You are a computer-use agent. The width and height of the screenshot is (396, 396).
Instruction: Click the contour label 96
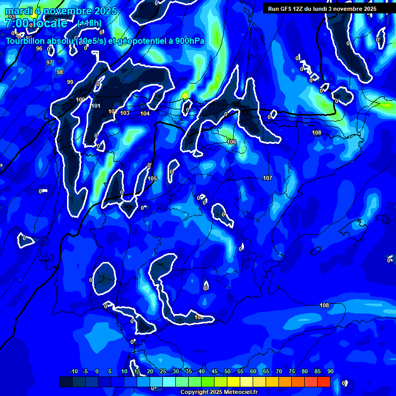pyautogui.click(x=39, y=48)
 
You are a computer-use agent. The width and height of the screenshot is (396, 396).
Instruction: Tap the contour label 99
pyautogui.click(x=70, y=82)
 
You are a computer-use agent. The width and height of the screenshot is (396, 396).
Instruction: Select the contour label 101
pyautogui.click(x=96, y=106)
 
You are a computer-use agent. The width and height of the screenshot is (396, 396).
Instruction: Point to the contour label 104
pyautogui.click(x=145, y=113)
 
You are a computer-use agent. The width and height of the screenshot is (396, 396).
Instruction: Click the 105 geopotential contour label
pyautogui.click(x=152, y=178)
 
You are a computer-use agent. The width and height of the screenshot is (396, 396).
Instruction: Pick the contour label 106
pyautogui.click(x=232, y=142)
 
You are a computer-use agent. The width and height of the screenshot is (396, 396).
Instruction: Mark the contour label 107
pyautogui.click(x=268, y=178)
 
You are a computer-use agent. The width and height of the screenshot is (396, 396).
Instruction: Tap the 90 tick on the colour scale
pyautogui.click(x=330, y=371)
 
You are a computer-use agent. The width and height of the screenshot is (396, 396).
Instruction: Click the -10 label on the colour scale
pyautogui.click(x=73, y=371)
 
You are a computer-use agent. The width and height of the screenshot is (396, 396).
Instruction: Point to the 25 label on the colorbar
pyautogui.click(x=162, y=371)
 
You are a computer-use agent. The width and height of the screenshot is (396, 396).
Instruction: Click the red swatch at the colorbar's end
pyautogui.click(x=323, y=382)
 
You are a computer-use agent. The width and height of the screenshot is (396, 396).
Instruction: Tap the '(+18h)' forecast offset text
pyautogui.click(x=89, y=23)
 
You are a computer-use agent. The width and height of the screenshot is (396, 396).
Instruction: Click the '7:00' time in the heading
pyautogui.click(x=16, y=23)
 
